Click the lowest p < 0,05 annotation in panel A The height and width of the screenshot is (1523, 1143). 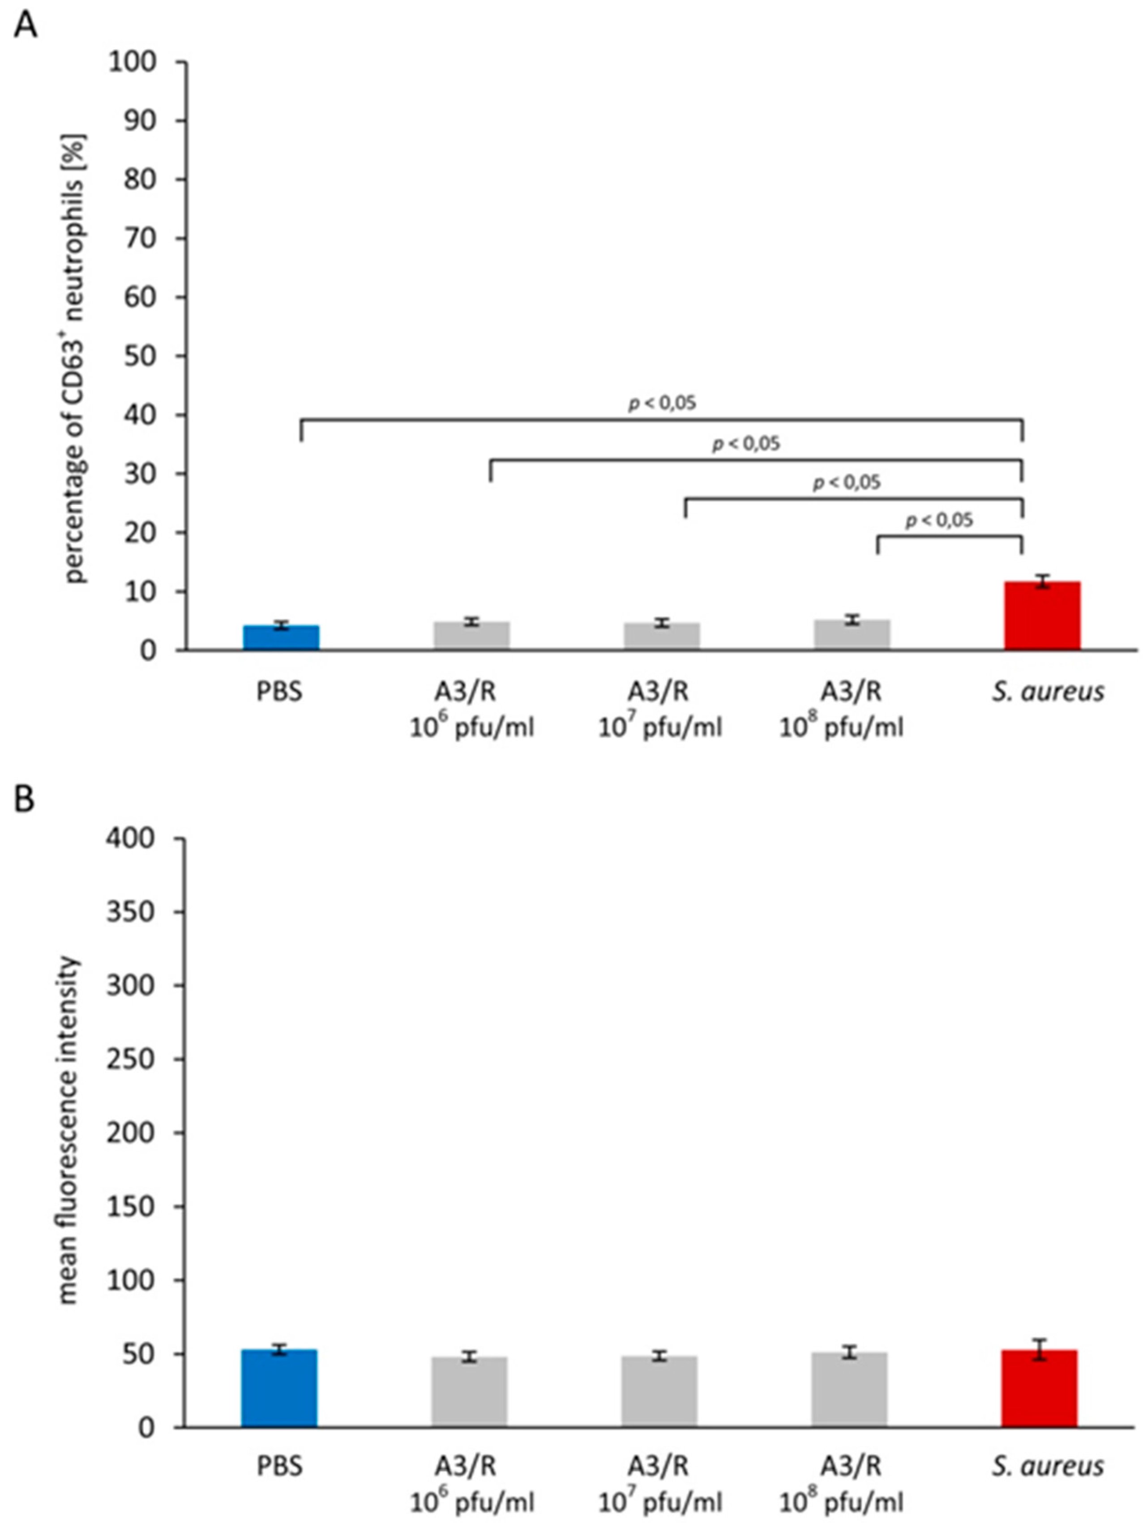click(x=938, y=520)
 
